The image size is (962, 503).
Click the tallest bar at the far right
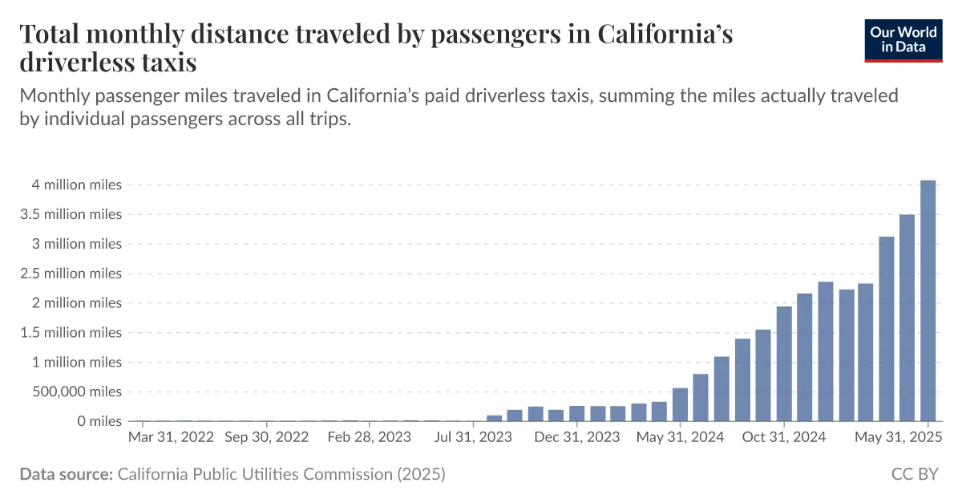click(x=928, y=301)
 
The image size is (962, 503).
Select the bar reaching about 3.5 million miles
click(x=907, y=318)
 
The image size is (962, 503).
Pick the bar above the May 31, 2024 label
click(x=680, y=404)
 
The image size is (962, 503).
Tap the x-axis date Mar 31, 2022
click(x=171, y=437)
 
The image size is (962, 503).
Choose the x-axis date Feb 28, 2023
click(x=370, y=437)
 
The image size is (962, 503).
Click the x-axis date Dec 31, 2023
click(x=576, y=437)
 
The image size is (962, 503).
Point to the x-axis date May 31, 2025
click(x=898, y=437)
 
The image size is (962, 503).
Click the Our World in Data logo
click(x=903, y=41)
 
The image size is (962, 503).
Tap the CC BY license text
click(x=915, y=474)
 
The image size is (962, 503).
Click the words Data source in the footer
click(x=66, y=474)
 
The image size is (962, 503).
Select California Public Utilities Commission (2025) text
click(x=281, y=474)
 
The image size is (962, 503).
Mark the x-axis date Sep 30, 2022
click(x=266, y=437)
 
